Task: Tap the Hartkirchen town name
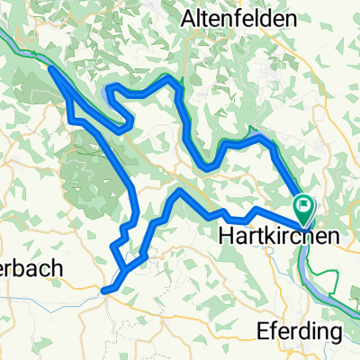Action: tap(267, 234)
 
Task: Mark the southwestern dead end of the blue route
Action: tap(103, 290)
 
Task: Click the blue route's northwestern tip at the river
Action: tap(51, 69)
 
